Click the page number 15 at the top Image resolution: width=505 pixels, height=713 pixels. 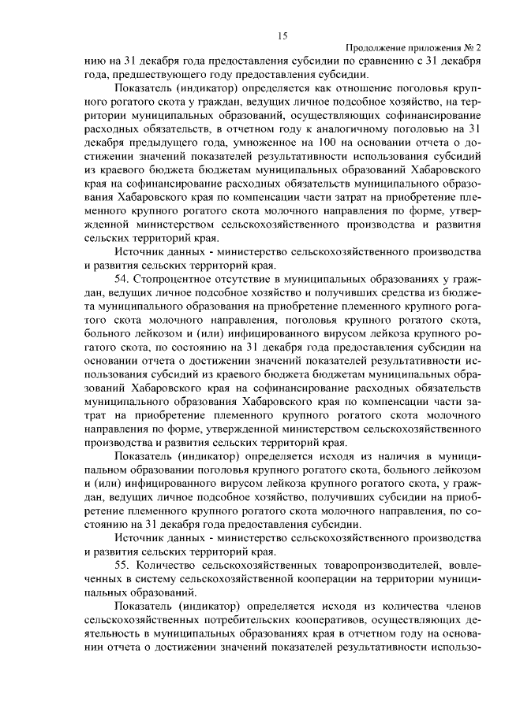point(282,35)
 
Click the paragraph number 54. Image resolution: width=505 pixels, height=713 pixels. point(121,278)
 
